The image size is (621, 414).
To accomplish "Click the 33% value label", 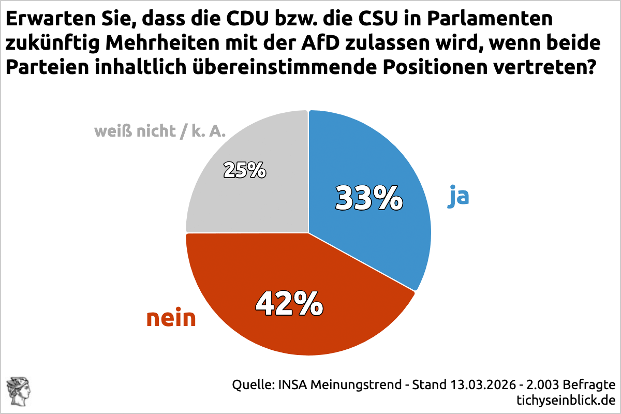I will click(368, 198).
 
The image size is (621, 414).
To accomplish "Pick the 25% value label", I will click(244, 170).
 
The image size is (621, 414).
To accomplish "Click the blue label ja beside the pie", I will click(458, 197).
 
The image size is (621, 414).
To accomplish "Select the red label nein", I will click(171, 318).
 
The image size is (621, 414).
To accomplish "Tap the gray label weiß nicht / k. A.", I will click(160, 131).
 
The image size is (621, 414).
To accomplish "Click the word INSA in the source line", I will click(293, 385).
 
